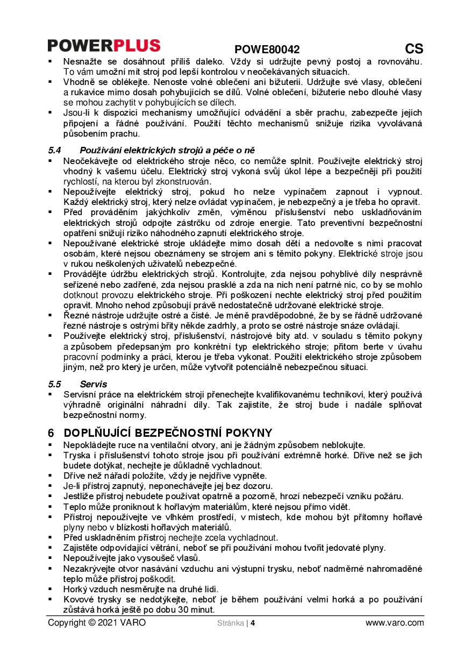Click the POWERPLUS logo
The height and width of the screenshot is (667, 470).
(x=104, y=45)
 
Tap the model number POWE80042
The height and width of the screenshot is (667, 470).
(x=267, y=49)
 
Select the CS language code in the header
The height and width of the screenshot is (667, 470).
(x=414, y=48)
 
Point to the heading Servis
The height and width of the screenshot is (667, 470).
(x=94, y=384)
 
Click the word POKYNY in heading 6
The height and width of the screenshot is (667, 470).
(x=246, y=433)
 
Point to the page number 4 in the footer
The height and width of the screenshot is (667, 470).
(x=252, y=623)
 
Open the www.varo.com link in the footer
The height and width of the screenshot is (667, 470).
(x=394, y=623)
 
